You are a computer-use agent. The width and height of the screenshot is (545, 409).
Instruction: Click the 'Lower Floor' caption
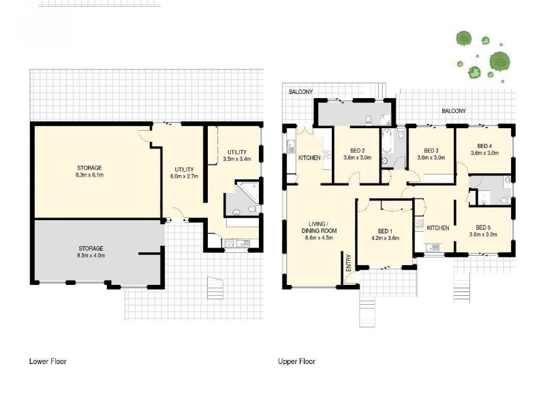[x=47, y=361]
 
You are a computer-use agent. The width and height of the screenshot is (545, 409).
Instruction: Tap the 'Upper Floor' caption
[x=296, y=361]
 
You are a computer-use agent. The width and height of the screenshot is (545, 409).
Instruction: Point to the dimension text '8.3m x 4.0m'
[x=89, y=256]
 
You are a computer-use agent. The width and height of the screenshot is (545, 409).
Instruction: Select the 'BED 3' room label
[x=430, y=151]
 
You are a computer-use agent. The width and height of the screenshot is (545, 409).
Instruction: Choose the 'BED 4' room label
[x=484, y=146]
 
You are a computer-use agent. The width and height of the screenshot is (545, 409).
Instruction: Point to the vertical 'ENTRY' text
[x=348, y=264]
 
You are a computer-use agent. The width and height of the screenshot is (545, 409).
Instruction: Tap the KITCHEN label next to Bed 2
[x=309, y=158]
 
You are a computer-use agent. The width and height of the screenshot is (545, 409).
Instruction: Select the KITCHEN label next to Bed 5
[x=437, y=228]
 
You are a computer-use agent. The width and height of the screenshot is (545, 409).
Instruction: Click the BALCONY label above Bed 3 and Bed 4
[x=454, y=110]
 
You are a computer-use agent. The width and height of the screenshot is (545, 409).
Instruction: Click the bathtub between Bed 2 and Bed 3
[x=388, y=141]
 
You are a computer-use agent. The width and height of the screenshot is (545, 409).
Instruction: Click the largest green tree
[x=501, y=62]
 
